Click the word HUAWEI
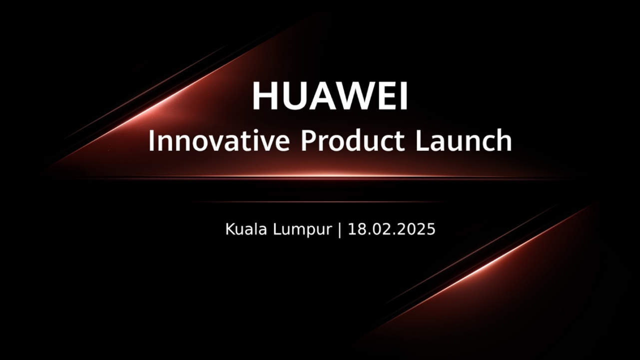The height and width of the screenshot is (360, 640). tap(330, 96)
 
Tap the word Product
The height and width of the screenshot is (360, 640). tap(353, 140)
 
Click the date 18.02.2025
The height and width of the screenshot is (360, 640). tap(391, 229)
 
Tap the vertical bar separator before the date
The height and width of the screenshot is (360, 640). tap(339, 230)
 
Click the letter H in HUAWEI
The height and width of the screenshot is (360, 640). tap(264, 96)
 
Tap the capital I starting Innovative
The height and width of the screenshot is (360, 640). tap(151, 141)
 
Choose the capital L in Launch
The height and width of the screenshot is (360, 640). tap(422, 141)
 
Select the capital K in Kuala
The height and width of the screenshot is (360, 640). tap(231, 229)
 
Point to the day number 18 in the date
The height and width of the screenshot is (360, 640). tap(355, 229)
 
